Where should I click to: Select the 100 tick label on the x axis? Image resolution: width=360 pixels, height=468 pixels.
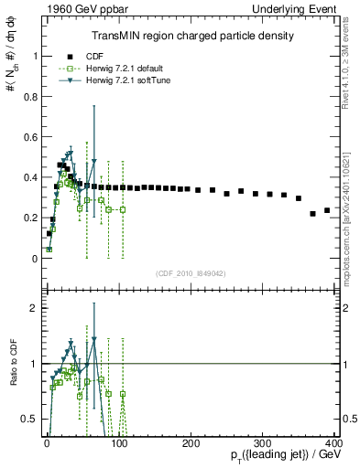119,442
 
